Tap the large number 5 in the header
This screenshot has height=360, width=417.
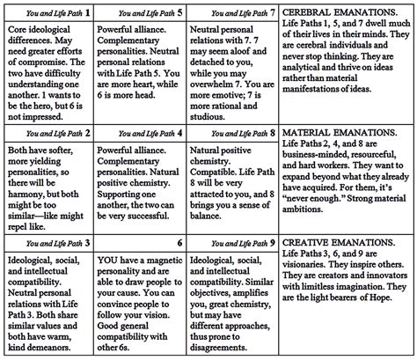[180, 13]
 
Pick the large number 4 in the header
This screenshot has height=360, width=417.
[179, 133]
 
